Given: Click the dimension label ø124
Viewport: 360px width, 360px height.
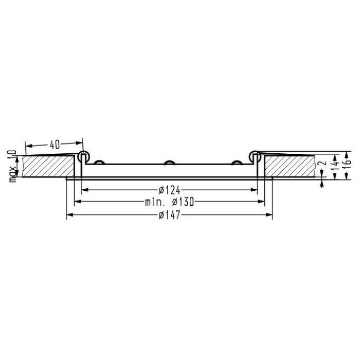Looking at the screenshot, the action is coord(170,190).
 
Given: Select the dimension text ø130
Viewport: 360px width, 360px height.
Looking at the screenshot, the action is coord(183,202).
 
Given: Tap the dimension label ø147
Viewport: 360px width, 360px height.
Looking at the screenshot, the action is coord(170,215).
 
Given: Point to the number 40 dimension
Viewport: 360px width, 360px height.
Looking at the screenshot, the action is coord(55,145).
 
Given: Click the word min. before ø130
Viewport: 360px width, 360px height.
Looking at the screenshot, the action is coord(155,202).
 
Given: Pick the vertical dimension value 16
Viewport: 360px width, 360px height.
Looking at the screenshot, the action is coord(348,162).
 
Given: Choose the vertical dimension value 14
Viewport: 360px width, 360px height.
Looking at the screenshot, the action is coord(336,163).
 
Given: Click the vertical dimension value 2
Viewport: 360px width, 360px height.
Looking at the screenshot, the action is coord(323,163).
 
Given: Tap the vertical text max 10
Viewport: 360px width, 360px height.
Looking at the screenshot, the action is coord(13,166).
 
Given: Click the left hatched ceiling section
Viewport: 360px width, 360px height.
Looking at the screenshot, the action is coord(48,167).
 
